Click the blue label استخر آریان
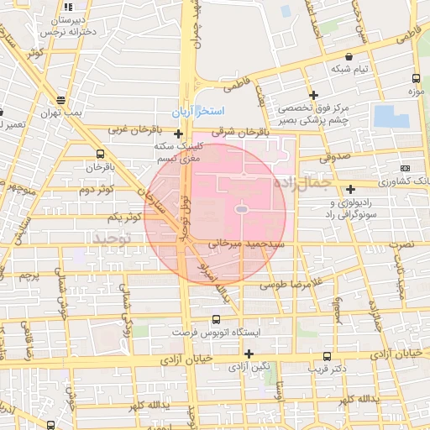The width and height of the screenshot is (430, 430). click(199, 112)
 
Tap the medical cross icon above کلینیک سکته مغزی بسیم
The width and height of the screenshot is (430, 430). click(178, 134)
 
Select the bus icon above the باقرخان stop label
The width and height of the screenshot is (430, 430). click(101, 154)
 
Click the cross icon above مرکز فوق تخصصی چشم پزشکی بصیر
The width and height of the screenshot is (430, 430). click(313, 95)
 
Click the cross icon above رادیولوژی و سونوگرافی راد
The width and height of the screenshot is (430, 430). click(350, 189)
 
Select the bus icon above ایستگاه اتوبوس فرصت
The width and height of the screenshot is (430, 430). click(216, 319)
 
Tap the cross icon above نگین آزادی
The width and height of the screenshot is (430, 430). click(249, 354)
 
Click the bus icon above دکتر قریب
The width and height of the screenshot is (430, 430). click(328, 355)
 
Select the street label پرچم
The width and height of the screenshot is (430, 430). click(29, 275)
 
